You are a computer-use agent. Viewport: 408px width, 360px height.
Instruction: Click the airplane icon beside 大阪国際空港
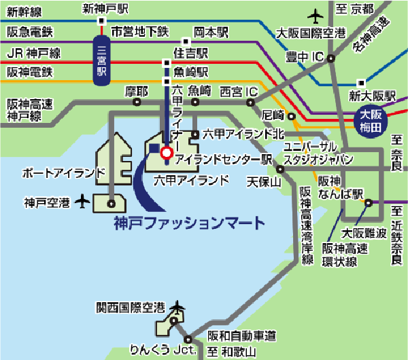click(x=316, y=14)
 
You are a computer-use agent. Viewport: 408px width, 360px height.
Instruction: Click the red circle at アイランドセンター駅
click(x=165, y=154)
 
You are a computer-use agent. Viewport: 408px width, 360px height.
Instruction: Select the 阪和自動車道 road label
click(x=241, y=336)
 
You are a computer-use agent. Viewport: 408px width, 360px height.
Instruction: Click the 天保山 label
click(x=263, y=182)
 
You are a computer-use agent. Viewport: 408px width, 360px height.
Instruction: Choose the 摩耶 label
click(x=136, y=90)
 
